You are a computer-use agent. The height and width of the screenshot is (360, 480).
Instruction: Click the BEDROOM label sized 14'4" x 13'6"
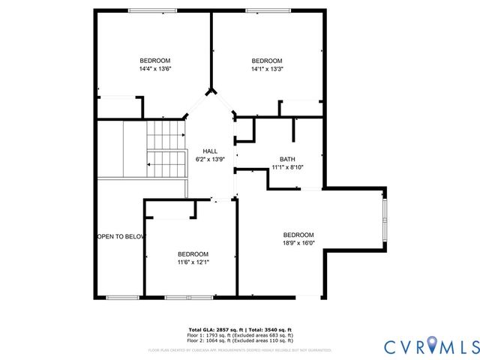pyautogui.click(x=155, y=61)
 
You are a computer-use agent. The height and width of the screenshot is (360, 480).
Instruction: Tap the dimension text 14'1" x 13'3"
pyautogui.click(x=266, y=69)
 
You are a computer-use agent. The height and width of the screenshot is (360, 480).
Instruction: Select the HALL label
pyautogui.click(x=210, y=151)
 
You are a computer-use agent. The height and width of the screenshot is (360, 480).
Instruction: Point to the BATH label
pyautogui.click(x=287, y=159)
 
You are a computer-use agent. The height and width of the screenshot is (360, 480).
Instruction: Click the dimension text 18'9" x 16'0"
pyautogui.click(x=298, y=242)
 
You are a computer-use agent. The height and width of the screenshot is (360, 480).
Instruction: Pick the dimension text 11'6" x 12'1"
pyautogui.click(x=193, y=262)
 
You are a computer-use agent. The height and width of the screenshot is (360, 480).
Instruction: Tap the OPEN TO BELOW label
pyautogui.click(x=120, y=237)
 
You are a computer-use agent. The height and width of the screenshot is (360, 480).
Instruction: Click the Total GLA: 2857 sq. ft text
pyautogui.click(x=213, y=329)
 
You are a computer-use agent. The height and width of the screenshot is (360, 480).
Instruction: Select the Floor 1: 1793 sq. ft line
pyautogui.click(x=240, y=334)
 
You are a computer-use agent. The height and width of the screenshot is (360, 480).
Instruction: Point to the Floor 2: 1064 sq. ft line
pyautogui.click(x=240, y=340)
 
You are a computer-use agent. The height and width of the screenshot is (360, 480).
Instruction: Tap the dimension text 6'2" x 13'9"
pyautogui.click(x=210, y=160)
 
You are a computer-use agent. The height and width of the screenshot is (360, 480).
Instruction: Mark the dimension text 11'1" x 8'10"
pyautogui.click(x=287, y=167)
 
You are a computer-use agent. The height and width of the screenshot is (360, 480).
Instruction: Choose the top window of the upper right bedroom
pyautogui.click(x=268, y=10)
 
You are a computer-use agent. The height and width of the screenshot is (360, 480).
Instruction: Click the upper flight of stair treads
pyautogui.click(x=165, y=135)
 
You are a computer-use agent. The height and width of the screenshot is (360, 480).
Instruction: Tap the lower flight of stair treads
pyautogui.click(x=165, y=163)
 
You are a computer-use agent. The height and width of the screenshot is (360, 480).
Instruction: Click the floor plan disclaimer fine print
pyautogui.click(x=240, y=349)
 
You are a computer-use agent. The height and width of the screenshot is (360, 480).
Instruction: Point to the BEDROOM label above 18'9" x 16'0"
pyautogui.click(x=298, y=234)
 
